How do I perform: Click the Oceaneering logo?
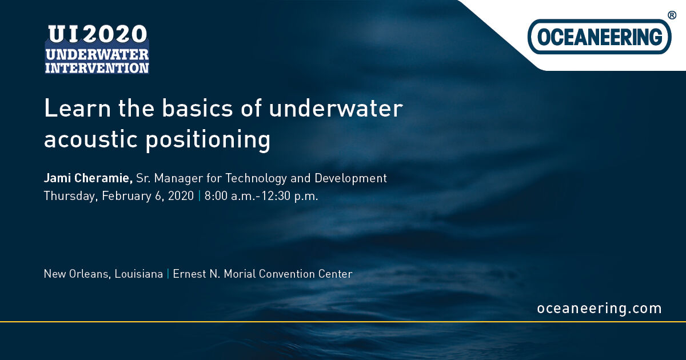pyautogui.click(x=599, y=37)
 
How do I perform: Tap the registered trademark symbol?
pyautogui.click(x=672, y=15)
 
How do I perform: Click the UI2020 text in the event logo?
pyautogui.click(x=97, y=36)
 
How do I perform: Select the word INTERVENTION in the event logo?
pyautogui.click(x=97, y=67)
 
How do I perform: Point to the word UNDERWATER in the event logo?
pyautogui.click(x=97, y=55)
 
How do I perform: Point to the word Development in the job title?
pyautogui.click(x=350, y=179)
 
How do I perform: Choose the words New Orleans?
pyautogui.click(x=77, y=274)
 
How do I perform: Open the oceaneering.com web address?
pyautogui.click(x=599, y=309)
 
